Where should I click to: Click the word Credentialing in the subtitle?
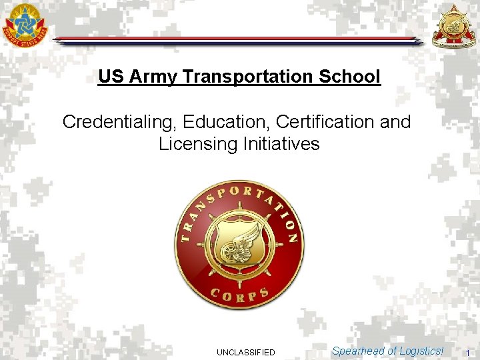coord(120,122)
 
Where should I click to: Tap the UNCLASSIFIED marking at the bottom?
coord(246,352)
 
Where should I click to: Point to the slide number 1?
coord(468,352)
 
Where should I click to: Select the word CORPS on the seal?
coord(239,294)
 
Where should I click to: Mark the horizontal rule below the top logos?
coord(237,41)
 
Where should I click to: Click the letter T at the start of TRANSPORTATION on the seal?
coord(186,236)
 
